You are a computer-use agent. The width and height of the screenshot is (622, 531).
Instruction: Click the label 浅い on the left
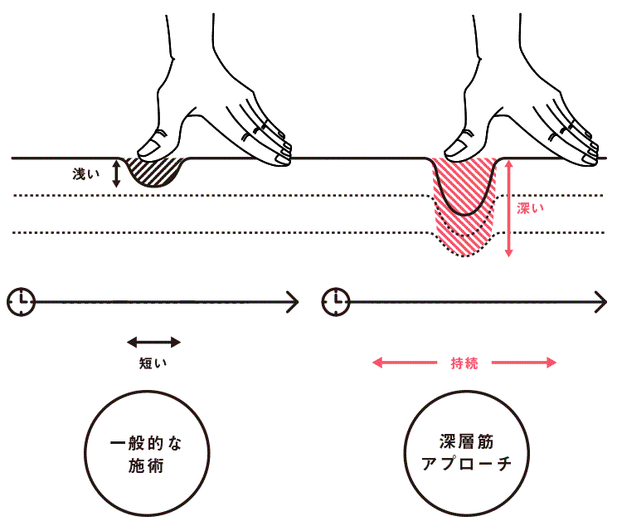click(85, 174)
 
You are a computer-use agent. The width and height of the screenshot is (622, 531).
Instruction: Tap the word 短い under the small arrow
click(153, 362)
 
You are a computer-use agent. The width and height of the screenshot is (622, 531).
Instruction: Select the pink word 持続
click(464, 363)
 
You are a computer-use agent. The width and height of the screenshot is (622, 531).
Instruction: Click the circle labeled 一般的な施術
click(143, 454)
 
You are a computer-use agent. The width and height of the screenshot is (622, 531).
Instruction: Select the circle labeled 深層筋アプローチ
click(464, 454)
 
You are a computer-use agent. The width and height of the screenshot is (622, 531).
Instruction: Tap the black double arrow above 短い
click(153, 340)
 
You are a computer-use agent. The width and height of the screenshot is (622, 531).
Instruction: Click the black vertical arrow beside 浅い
click(116, 173)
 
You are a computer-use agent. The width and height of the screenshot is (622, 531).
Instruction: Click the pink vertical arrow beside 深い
click(509, 207)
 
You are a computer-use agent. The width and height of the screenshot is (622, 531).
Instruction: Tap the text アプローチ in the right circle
click(464, 465)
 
